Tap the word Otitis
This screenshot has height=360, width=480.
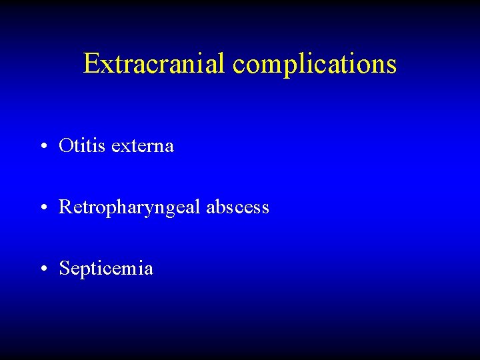coord(82,145)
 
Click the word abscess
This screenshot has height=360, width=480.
coord(237,207)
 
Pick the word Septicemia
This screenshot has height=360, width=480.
coord(106,269)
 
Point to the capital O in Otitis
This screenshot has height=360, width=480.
coord(65,145)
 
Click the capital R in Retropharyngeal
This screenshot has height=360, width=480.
coord(65,207)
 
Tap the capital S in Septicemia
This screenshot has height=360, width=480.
coord(64,269)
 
